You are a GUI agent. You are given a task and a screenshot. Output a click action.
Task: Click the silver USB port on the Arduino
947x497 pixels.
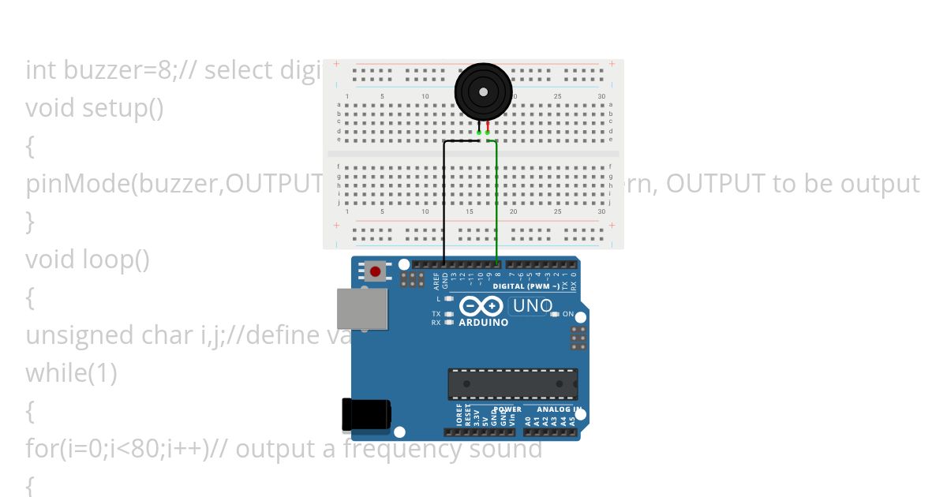(x=362, y=308)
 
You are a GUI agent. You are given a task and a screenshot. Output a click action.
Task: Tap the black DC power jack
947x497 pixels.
(x=365, y=414)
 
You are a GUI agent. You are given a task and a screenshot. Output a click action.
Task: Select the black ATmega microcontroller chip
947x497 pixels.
(x=512, y=383)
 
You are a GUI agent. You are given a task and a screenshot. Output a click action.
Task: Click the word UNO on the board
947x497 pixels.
(x=533, y=305)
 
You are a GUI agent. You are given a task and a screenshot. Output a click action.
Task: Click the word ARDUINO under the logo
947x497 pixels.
(x=483, y=322)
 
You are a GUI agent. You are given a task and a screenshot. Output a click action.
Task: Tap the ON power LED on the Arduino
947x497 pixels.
(x=555, y=315)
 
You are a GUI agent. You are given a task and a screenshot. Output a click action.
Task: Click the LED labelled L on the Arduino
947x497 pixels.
(x=448, y=299)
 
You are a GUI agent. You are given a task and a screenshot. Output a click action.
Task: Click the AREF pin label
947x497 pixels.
(x=436, y=281)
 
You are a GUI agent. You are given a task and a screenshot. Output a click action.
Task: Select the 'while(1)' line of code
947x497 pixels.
(x=71, y=372)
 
